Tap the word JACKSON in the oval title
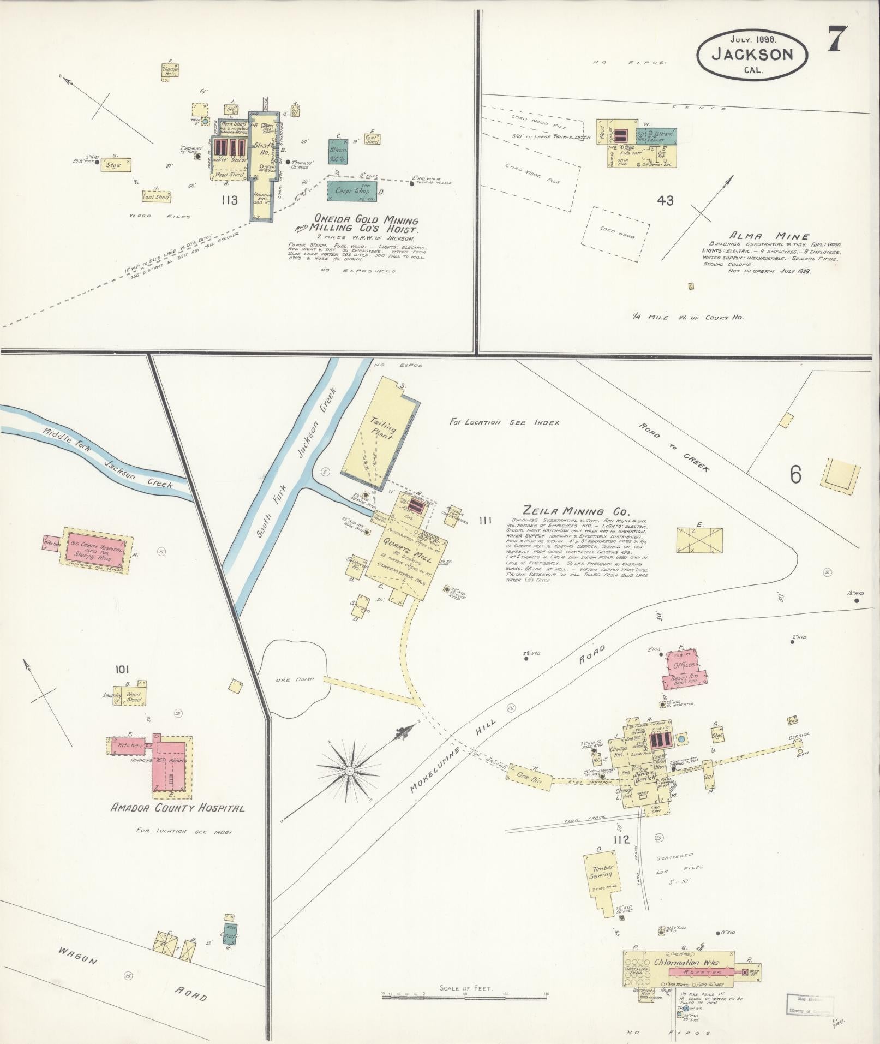coord(751,55)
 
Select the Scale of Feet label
coord(465,988)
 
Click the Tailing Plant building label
coord(382,429)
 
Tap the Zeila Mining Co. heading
coord(576,511)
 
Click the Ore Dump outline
coord(295,680)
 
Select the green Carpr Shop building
coord(356,192)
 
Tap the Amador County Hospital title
coord(177,808)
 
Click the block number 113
coord(229,200)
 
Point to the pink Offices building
coord(684,664)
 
